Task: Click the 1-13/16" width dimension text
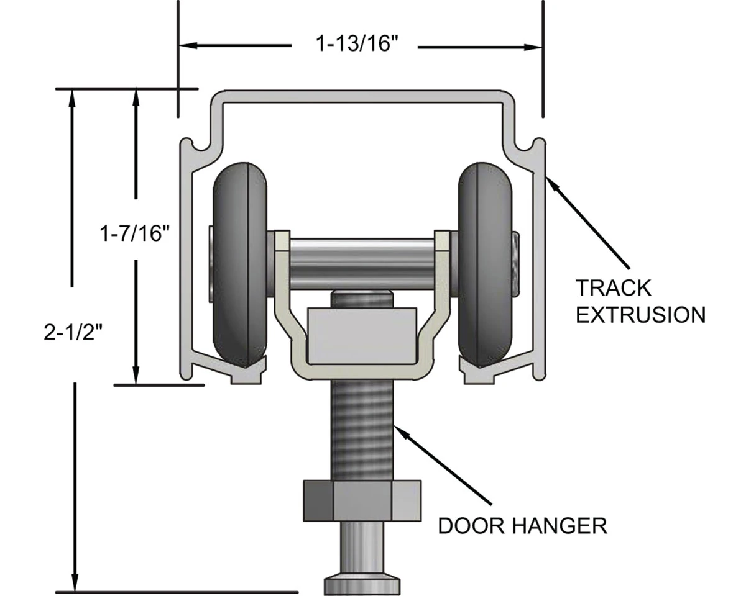[x=356, y=46]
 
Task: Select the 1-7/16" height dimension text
[x=135, y=233]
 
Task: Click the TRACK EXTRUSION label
[x=640, y=301]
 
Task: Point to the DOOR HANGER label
[x=522, y=526]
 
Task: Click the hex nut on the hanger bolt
[x=362, y=500]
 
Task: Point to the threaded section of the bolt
[x=362, y=428]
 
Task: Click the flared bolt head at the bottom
[x=362, y=585]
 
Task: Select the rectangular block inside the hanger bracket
[x=362, y=335]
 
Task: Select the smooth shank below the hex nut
[x=362, y=546]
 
